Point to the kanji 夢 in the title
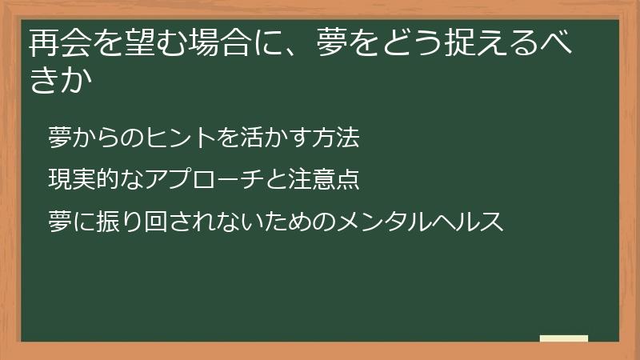[x=326, y=45]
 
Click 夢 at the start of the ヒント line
[x=58, y=138]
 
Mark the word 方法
[x=337, y=138]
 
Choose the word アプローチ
[x=184, y=179]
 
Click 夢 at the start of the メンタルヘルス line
[x=58, y=221]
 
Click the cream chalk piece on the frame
[x=564, y=338]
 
